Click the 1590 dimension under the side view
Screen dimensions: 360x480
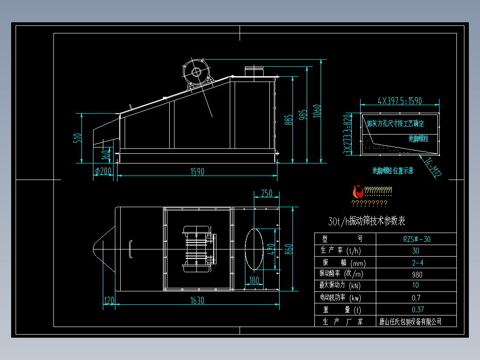tap(197, 172)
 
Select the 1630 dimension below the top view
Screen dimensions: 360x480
tap(197, 300)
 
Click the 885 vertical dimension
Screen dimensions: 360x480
tap(289, 119)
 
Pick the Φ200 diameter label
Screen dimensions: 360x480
tap(103, 171)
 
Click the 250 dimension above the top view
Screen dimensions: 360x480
tap(266, 193)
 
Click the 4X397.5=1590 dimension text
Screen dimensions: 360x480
tap(399, 101)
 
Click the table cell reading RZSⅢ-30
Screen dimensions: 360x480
tap(416, 239)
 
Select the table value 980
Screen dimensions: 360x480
tap(416, 274)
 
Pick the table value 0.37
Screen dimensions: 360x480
tap(417, 310)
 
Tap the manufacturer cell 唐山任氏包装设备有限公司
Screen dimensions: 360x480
tap(410, 321)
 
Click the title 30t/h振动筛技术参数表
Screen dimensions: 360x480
tap(366, 221)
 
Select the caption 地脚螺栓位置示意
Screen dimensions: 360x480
tap(393, 170)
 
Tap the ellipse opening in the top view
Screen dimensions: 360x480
tap(254, 250)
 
